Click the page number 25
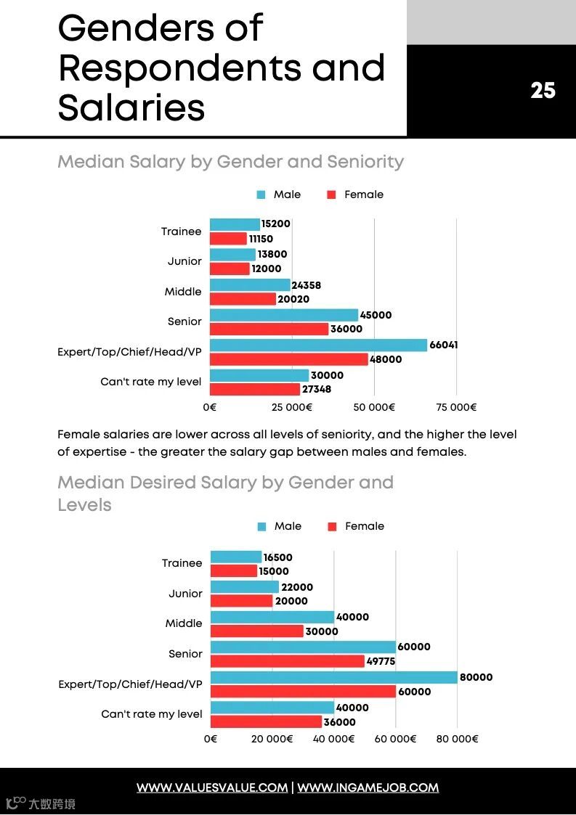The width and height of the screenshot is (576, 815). pyautogui.click(x=543, y=90)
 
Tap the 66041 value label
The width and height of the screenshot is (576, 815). pyautogui.click(x=443, y=345)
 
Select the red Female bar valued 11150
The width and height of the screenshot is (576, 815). pyautogui.click(x=228, y=239)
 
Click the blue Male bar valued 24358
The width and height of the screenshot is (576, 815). pyautogui.click(x=250, y=285)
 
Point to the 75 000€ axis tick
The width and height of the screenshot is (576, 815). pyautogui.click(x=456, y=407)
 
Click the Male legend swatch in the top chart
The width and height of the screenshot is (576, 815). pyautogui.click(x=261, y=194)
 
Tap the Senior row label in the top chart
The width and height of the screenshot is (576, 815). pyautogui.click(x=184, y=322)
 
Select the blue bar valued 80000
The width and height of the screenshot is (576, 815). pyautogui.click(x=333, y=677)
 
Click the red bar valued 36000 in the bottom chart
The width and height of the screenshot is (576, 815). pyautogui.click(x=266, y=722)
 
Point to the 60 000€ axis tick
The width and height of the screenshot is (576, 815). pyautogui.click(x=396, y=739)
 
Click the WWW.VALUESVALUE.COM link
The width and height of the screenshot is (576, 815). pyautogui.click(x=212, y=787)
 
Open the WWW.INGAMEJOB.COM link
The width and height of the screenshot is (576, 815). pyautogui.click(x=368, y=787)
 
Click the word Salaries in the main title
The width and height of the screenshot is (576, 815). pyautogui.click(x=131, y=107)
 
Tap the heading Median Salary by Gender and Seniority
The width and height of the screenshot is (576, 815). pyautogui.click(x=230, y=161)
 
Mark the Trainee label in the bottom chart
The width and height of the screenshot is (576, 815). pyautogui.click(x=182, y=563)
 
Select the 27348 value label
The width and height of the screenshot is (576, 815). pyautogui.click(x=317, y=390)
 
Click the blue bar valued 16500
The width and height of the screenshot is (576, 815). pyautogui.click(x=236, y=557)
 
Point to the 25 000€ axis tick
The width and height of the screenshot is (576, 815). pyautogui.click(x=292, y=407)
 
